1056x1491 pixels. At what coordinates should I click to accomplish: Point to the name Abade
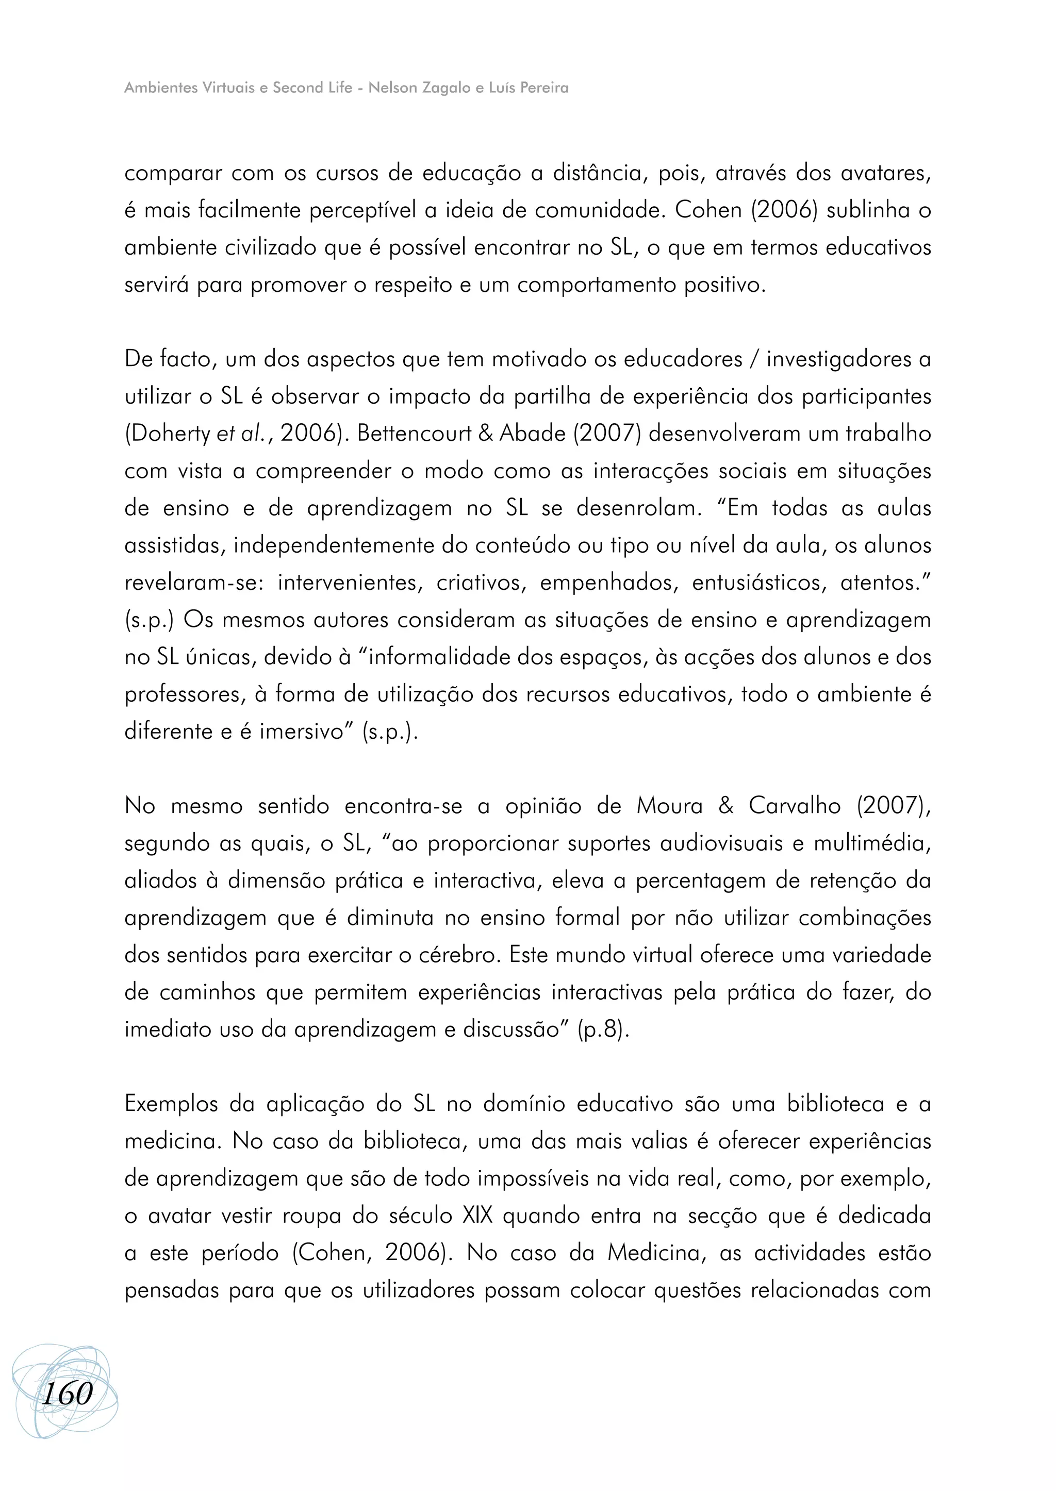click(x=533, y=434)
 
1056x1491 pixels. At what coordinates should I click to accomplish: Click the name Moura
click(x=669, y=806)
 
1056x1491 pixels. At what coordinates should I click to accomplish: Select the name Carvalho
click(x=795, y=806)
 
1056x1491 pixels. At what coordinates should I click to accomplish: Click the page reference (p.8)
click(x=603, y=1030)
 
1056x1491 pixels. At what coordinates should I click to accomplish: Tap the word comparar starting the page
click(x=173, y=174)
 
